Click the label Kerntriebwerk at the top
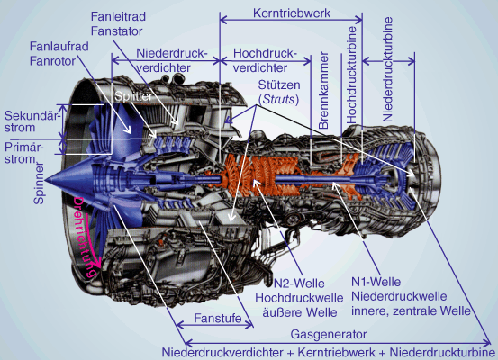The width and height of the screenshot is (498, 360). (292, 13)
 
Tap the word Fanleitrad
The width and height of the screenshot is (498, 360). (118, 16)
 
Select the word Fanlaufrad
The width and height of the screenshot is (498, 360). (59, 46)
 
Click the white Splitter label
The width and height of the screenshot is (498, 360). (133, 96)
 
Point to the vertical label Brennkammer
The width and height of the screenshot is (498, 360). (323, 91)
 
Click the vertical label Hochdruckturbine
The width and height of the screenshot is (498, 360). (351, 75)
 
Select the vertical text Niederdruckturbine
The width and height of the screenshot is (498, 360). (387, 69)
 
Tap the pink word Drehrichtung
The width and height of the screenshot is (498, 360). (83, 238)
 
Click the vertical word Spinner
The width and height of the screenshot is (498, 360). (39, 184)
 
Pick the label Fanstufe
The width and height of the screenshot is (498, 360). (218, 318)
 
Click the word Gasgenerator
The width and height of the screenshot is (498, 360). (329, 334)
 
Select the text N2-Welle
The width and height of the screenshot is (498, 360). (299, 283)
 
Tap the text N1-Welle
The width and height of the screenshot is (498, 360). (376, 282)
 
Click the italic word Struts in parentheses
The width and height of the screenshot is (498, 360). (279, 100)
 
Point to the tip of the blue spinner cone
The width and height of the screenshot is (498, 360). (45, 180)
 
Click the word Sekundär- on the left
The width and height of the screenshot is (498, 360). (32, 115)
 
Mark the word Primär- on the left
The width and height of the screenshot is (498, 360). (24, 148)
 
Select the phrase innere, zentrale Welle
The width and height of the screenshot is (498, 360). (411, 310)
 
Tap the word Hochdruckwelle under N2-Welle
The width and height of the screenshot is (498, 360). (299, 298)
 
